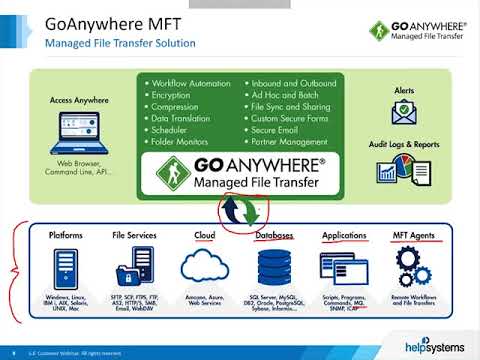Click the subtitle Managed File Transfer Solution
click(x=120, y=45)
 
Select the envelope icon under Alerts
click(x=405, y=112)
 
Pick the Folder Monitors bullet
click(x=184, y=142)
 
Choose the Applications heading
click(x=345, y=235)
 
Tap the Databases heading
click(x=274, y=235)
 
